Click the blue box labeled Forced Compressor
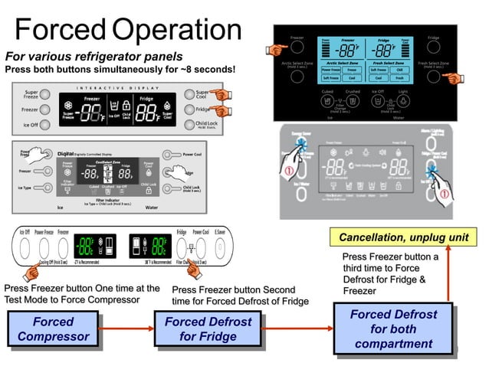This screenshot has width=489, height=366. [x=53, y=329]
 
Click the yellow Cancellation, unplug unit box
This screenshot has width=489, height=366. [x=403, y=238]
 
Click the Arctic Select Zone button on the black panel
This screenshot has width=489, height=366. [x=297, y=77]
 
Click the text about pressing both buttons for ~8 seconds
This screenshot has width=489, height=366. [x=120, y=70]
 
